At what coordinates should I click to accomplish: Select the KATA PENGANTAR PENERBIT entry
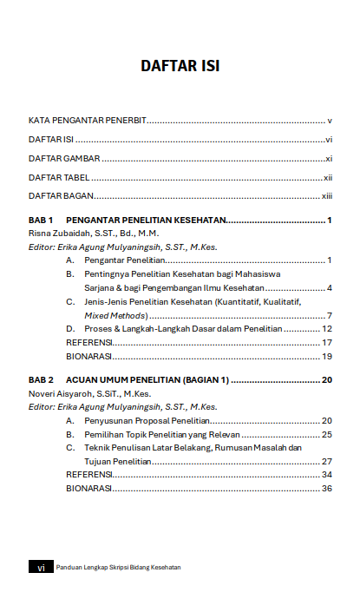click(x=87, y=121)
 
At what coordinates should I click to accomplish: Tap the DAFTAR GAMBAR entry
click(x=64, y=159)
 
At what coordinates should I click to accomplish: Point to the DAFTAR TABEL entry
click(x=59, y=177)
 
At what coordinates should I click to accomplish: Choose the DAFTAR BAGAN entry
click(x=61, y=196)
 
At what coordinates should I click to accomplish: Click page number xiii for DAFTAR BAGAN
click(x=327, y=196)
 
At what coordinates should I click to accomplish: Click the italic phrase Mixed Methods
click(x=115, y=315)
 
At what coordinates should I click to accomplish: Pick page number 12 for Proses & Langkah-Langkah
click(x=327, y=329)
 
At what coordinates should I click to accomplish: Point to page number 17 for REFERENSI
click(x=328, y=343)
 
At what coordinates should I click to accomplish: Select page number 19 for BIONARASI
click(x=328, y=356)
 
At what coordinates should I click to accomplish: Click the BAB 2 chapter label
click(x=42, y=380)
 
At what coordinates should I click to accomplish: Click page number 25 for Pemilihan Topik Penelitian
click(x=327, y=434)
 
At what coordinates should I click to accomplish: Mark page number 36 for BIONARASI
click(x=327, y=489)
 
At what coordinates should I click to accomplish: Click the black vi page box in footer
click(x=41, y=567)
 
